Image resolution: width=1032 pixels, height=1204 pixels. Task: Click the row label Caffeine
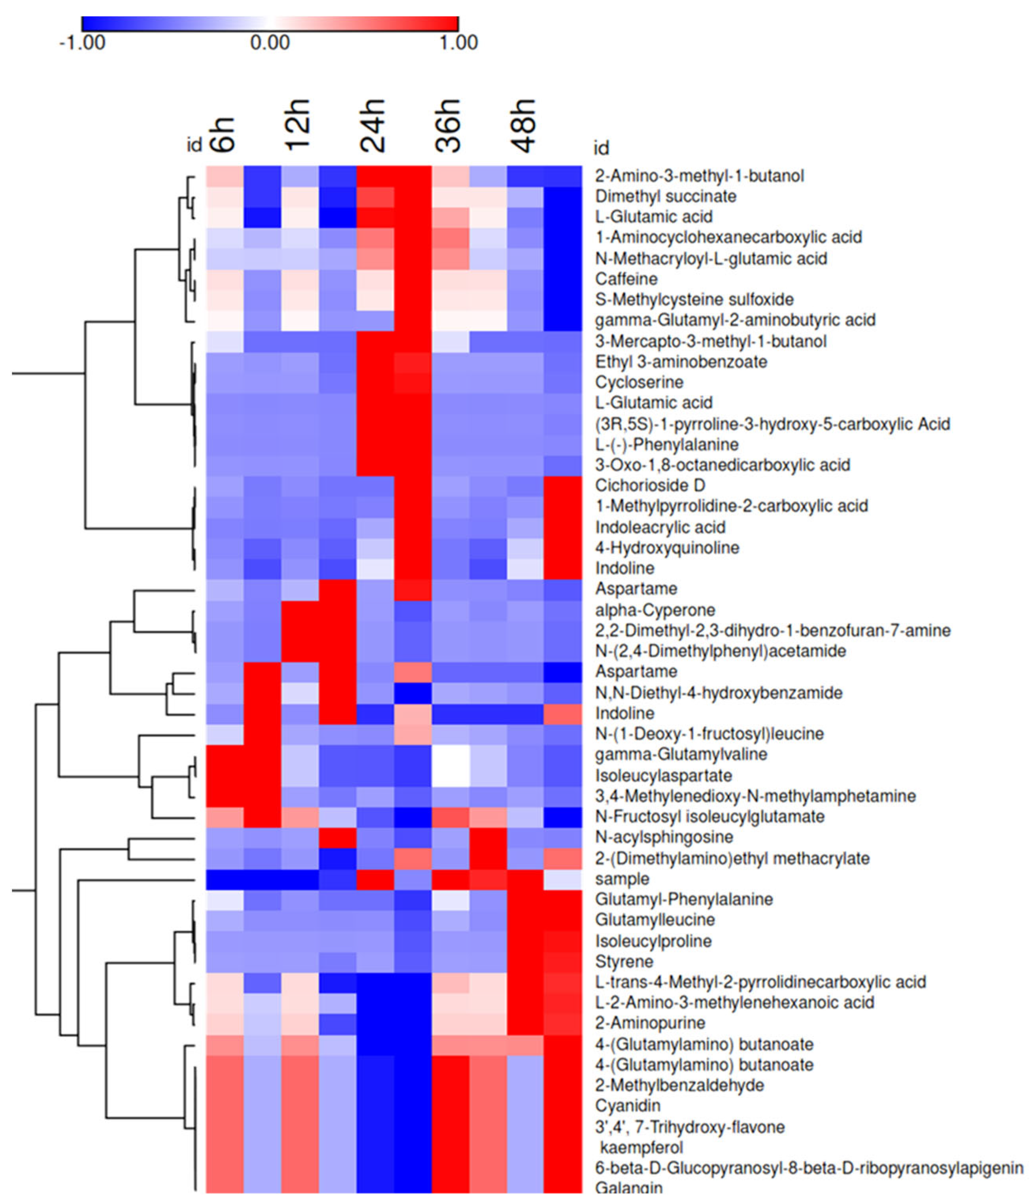pyautogui.click(x=626, y=279)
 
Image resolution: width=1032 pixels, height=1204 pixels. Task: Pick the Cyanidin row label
pyautogui.click(x=628, y=1105)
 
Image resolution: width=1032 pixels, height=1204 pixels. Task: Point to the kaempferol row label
pyautogui.click(x=641, y=1147)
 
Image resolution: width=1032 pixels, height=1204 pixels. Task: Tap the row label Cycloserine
pyautogui.click(x=639, y=382)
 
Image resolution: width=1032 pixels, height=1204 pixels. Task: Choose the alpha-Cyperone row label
pyautogui.click(x=655, y=610)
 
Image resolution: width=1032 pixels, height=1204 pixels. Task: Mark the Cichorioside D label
pyautogui.click(x=649, y=485)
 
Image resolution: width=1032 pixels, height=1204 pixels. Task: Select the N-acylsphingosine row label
pyautogui.click(x=664, y=837)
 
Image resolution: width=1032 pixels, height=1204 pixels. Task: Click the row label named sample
pyautogui.click(x=622, y=878)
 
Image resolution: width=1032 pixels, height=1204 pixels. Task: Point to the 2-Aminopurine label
pyautogui.click(x=650, y=1023)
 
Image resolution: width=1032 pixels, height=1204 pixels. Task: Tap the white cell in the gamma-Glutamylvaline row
pyautogui.click(x=450, y=754)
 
